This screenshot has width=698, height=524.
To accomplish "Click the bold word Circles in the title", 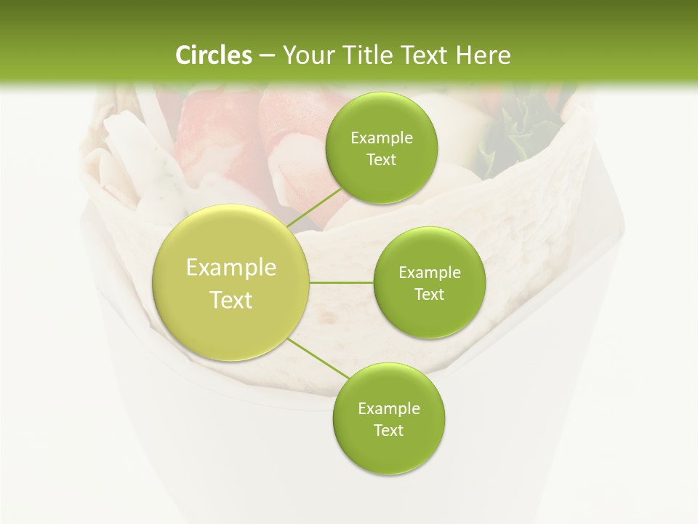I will click(x=213, y=55).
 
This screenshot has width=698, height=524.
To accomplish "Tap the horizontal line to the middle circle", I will click(x=342, y=282).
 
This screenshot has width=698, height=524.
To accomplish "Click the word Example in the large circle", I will click(x=231, y=268).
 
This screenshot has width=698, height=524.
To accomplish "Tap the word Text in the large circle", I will click(x=231, y=300).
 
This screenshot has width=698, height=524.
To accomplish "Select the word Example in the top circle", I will click(x=382, y=138).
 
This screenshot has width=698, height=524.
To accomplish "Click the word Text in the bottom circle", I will click(x=388, y=430).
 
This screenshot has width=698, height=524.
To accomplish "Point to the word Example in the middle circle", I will click(x=430, y=273).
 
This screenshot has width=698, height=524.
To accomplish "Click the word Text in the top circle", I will click(x=381, y=160).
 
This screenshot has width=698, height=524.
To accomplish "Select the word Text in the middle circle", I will click(x=429, y=295).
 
